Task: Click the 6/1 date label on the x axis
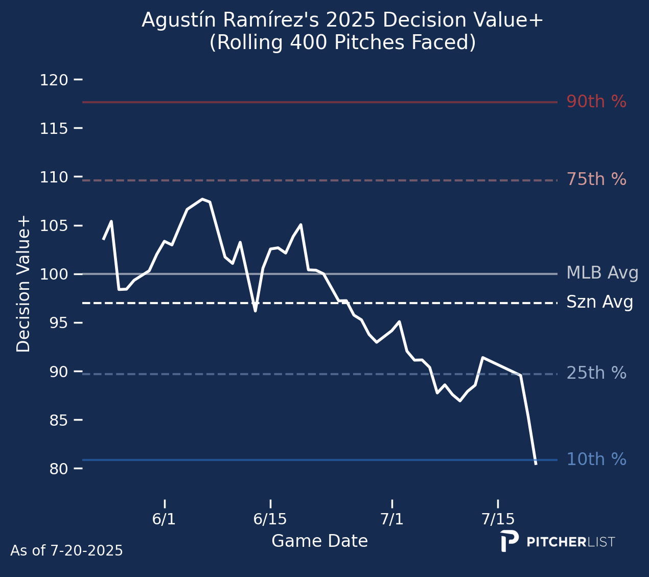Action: point(164,520)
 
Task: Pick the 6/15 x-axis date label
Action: point(270,520)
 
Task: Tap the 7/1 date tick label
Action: point(391,520)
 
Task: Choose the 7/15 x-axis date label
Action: point(498,520)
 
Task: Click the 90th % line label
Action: point(596,102)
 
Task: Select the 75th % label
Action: point(596,180)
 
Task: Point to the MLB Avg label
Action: point(602,273)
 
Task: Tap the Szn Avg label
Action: point(600,303)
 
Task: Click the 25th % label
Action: point(596,374)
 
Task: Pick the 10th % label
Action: point(596,460)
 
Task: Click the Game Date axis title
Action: point(319,541)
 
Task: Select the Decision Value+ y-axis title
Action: point(24,284)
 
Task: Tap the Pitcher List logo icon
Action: point(509,541)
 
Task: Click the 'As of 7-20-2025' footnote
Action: point(66,551)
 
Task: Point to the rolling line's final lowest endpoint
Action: point(536,464)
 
